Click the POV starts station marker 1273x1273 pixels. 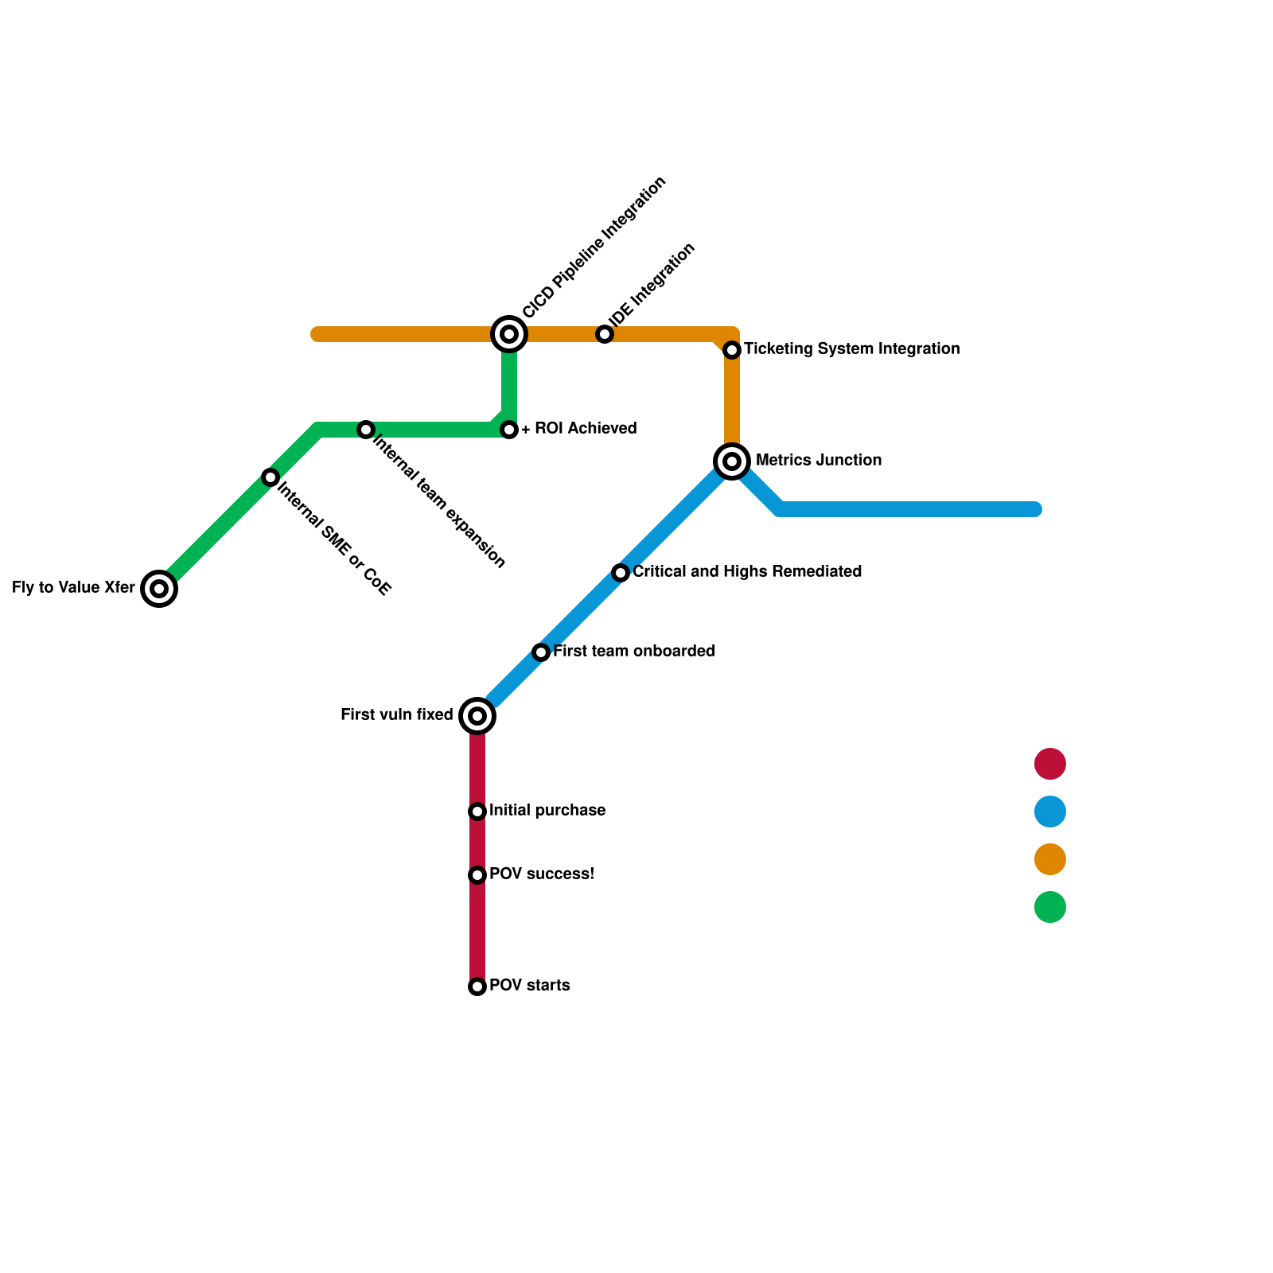pos(477,987)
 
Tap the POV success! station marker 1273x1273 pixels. pos(477,875)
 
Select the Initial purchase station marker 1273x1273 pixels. pos(477,812)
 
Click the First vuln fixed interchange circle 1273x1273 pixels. pos(477,716)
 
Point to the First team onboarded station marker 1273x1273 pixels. pos(541,652)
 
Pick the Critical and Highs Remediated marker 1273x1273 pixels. pos(621,573)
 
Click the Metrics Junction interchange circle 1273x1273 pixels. pos(732,461)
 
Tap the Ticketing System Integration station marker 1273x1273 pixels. pos(732,350)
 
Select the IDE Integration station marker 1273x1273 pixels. pos(605,334)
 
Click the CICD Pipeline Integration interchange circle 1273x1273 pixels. pos(509,334)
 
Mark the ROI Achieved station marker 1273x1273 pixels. pos(509,430)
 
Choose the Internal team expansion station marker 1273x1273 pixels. pos(366,430)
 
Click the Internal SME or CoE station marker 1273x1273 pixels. pos(271,477)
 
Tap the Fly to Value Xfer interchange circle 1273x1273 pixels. pos(159,589)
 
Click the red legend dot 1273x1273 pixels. pos(1050,764)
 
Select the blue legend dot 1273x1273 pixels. pos(1050,812)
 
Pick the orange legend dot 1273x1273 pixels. pos(1050,859)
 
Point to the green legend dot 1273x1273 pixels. pos(1050,907)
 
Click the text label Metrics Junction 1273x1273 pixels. pos(818,461)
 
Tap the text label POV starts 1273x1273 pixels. pos(529,986)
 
